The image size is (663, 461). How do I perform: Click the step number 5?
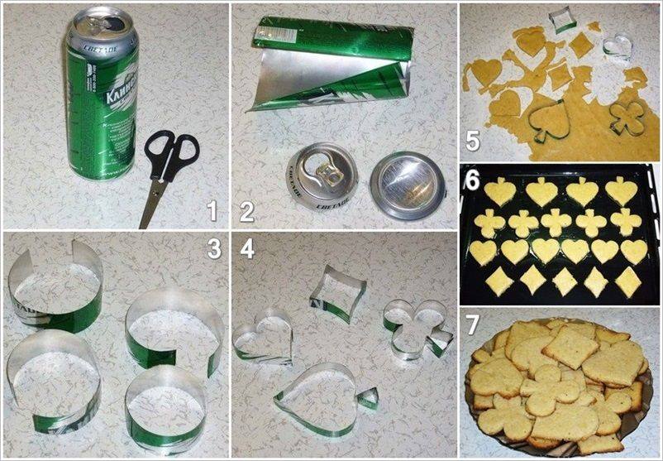click(472, 142)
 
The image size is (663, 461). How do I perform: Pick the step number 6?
click(472, 179)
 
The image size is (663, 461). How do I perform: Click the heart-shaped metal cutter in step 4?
click(264, 336)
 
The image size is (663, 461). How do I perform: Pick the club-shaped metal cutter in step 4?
click(417, 329)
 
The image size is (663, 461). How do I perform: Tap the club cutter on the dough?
click(627, 119)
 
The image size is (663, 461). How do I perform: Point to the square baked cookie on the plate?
click(570, 345)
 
